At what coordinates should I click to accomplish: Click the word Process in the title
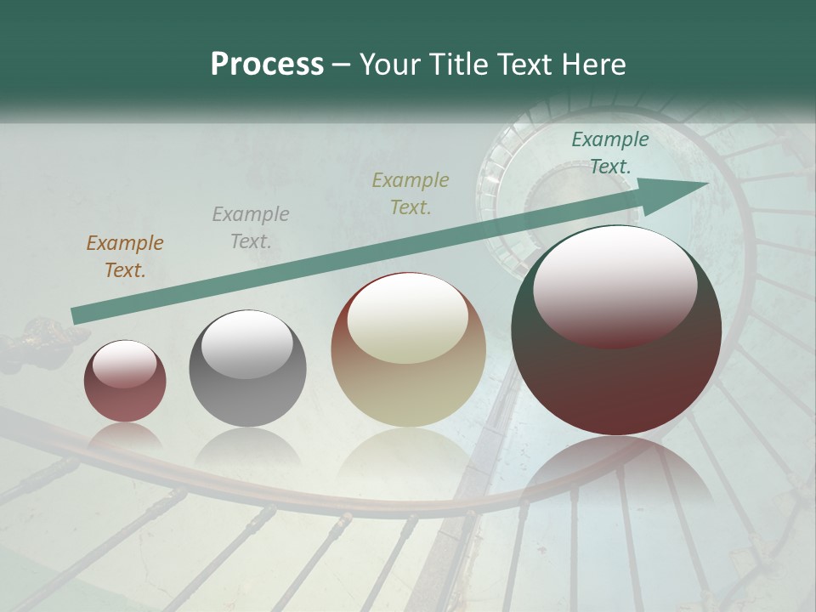pyautogui.click(x=267, y=65)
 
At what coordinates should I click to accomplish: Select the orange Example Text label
pyautogui.click(x=125, y=257)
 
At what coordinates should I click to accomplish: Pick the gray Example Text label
pyautogui.click(x=250, y=228)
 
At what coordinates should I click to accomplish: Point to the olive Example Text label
pyautogui.click(x=411, y=193)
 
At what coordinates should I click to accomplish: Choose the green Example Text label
pyautogui.click(x=609, y=153)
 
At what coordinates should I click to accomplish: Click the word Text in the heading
pyautogui.click(x=521, y=65)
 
